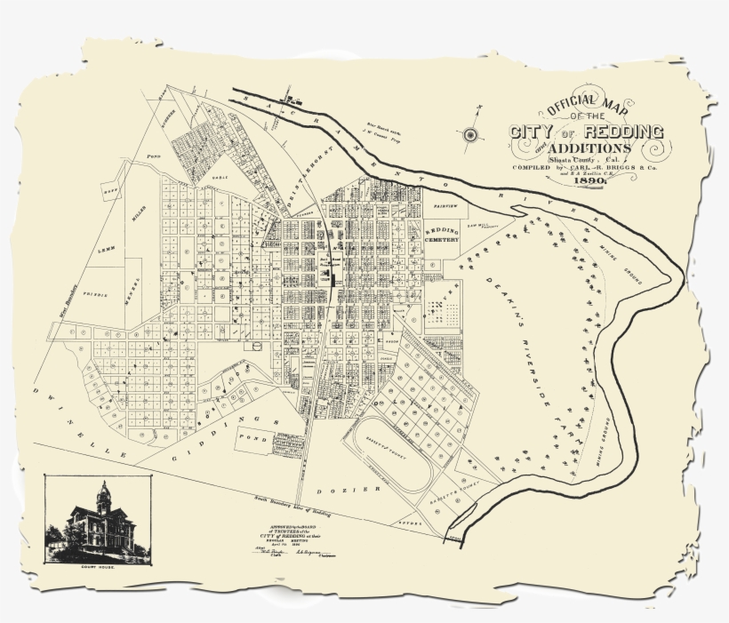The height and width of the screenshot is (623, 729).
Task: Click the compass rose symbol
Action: click(x=470, y=134)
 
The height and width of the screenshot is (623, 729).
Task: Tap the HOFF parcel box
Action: click(x=111, y=191)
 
